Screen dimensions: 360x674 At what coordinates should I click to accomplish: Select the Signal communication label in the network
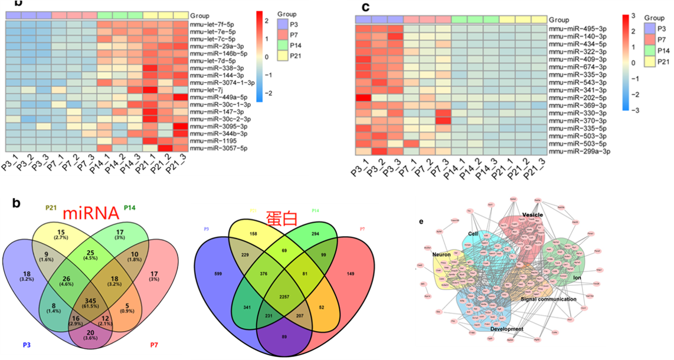(548, 299)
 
